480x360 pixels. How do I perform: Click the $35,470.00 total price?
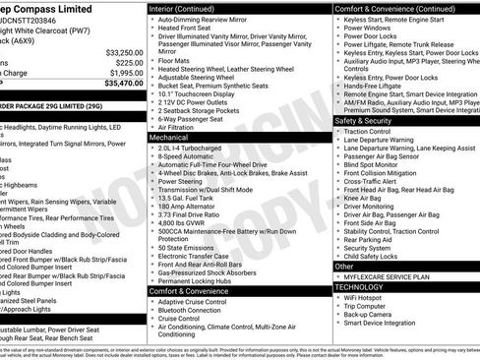[x=117, y=85]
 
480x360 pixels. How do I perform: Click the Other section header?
[x=344, y=266]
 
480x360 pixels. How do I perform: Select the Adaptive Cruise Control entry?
[x=199, y=302]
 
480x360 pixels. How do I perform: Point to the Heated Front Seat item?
[x=191, y=29]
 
